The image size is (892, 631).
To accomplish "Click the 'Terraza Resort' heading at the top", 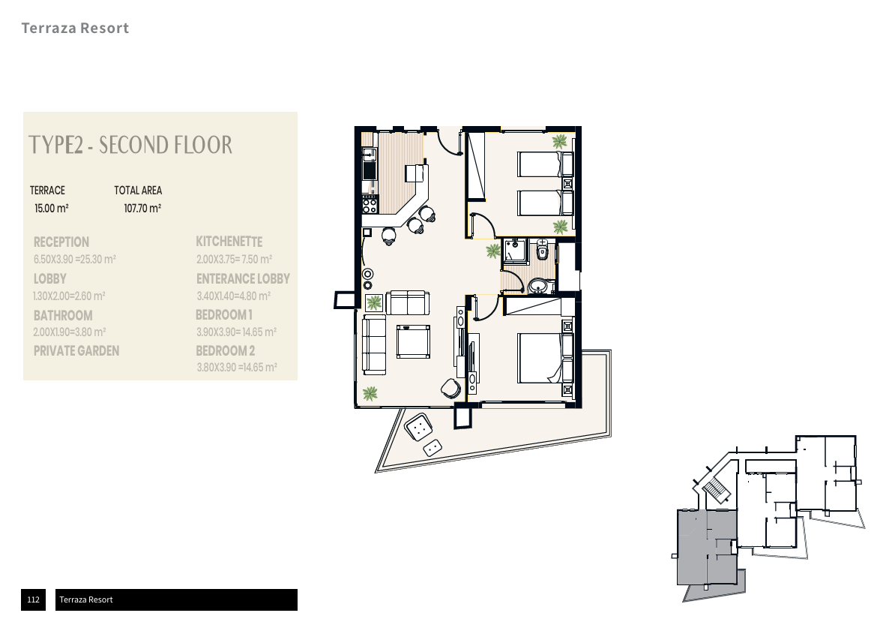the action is pyautogui.click(x=75, y=28).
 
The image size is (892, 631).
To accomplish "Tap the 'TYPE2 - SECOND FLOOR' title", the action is pyautogui.click(x=130, y=145).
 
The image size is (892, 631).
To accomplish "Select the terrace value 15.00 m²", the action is pyautogui.click(x=51, y=208).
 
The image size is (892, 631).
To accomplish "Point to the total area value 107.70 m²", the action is pyautogui.click(x=142, y=208).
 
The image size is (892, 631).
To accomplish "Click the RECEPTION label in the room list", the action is pyautogui.click(x=61, y=242).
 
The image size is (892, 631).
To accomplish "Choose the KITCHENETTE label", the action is pyautogui.click(x=229, y=242).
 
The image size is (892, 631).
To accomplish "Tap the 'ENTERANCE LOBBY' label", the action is pyautogui.click(x=243, y=278).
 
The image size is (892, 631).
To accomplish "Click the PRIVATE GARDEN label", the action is pyautogui.click(x=76, y=351).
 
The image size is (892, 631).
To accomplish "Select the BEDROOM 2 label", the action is pyautogui.click(x=226, y=351).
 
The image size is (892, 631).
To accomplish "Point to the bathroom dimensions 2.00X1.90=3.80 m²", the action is pyautogui.click(x=70, y=332).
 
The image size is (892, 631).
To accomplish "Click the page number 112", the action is pyautogui.click(x=33, y=599).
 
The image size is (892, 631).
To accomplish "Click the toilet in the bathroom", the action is pyautogui.click(x=543, y=249).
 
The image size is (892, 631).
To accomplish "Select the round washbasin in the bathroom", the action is pyautogui.click(x=537, y=286).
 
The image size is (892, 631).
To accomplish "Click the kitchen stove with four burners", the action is pyautogui.click(x=370, y=204).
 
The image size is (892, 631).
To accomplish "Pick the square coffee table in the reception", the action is pyautogui.click(x=413, y=341).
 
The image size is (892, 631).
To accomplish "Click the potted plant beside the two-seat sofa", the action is pyautogui.click(x=374, y=303).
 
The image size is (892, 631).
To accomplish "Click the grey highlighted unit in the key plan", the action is pyautogui.click(x=707, y=547).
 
